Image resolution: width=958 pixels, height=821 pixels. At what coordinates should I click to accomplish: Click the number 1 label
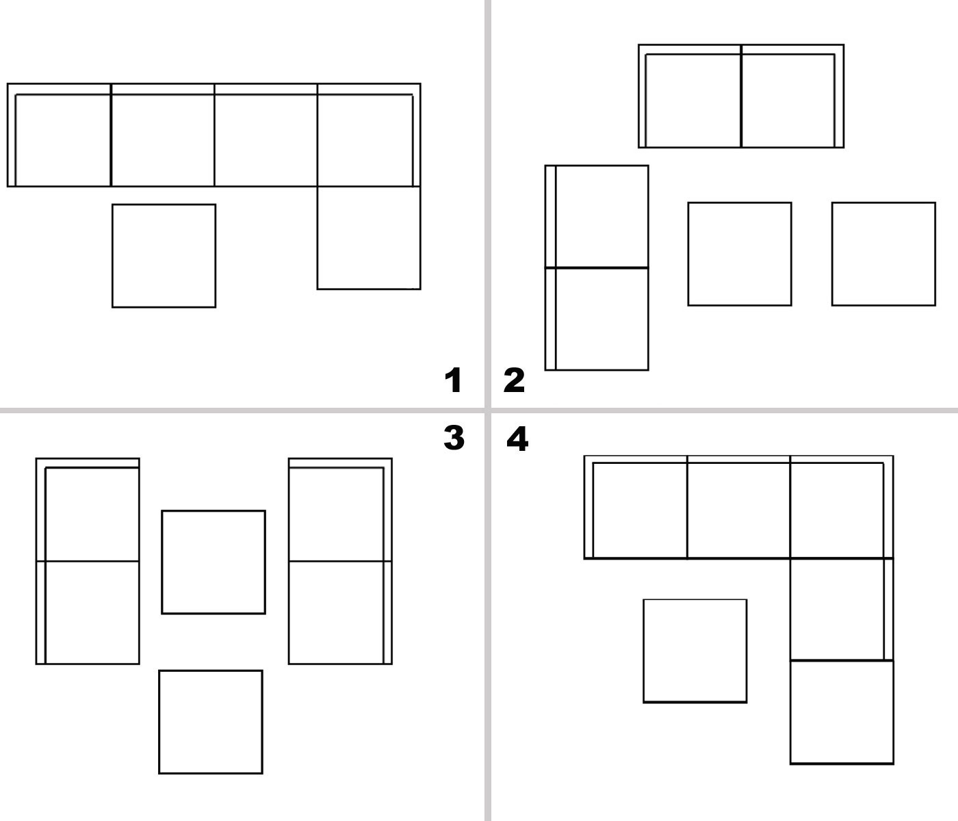[x=453, y=380]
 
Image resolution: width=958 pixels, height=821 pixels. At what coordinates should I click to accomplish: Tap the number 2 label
[x=514, y=380]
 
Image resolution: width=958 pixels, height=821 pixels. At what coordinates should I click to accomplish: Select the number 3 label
[x=454, y=438]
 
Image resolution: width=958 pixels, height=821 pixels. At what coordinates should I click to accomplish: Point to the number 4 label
[x=517, y=439]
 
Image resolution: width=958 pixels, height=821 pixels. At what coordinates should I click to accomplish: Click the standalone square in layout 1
[x=164, y=256]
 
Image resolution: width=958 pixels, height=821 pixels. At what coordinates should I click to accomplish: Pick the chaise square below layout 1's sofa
[x=369, y=238]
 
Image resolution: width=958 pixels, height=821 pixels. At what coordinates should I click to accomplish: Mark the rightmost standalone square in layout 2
[x=883, y=254]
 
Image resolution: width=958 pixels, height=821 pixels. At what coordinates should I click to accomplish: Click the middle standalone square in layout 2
[x=740, y=254]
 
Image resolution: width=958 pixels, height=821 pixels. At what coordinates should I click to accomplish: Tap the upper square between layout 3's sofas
[x=213, y=562]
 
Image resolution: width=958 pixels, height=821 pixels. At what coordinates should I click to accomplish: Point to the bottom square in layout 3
[x=210, y=722]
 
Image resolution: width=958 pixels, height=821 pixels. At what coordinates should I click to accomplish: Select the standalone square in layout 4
[x=695, y=651]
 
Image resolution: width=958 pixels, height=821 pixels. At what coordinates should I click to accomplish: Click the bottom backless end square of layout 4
[x=842, y=712]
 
